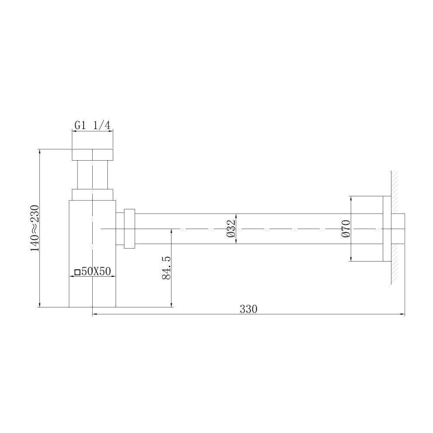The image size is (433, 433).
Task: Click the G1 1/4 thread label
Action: (x=92, y=126)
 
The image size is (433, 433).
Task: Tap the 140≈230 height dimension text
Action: (x=35, y=228)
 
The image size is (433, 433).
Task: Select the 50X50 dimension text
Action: (x=96, y=271)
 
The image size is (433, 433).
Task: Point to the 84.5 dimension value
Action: (x=167, y=268)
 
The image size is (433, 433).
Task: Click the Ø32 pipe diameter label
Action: (x=231, y=228)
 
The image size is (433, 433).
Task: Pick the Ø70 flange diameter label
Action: (x=346, y=228)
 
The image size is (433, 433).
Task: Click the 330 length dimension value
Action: (x=248, y=309)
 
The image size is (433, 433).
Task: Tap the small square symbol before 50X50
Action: (x=78, y=272)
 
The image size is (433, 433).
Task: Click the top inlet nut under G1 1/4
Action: (x=93, y=155)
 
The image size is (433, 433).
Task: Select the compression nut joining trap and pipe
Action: (x=129, y=228)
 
